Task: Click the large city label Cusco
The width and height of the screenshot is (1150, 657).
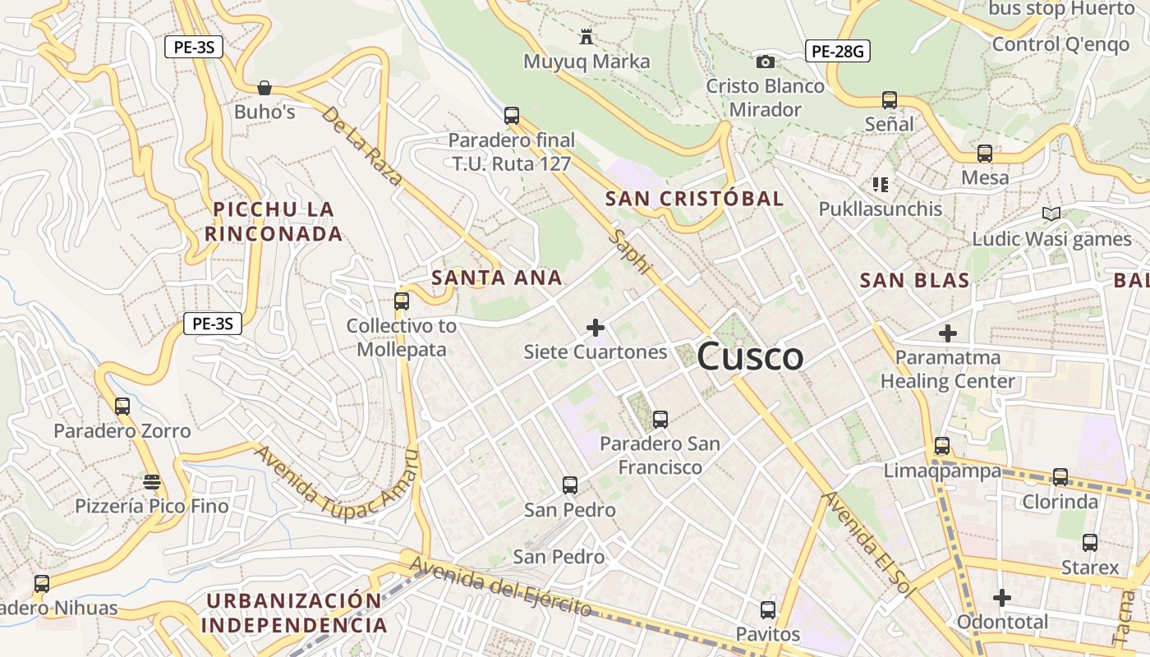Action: [x=750, y=356]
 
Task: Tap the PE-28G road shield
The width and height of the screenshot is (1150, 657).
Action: [x=837, y=52]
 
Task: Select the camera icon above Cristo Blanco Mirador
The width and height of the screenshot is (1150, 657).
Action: [x=765, y=62]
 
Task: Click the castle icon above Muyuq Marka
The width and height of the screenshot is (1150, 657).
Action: [x=586, y=37]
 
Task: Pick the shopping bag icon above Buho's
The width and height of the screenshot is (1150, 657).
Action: [x=264, y=87]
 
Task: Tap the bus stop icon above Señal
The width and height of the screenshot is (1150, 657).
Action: [x=889, y=100]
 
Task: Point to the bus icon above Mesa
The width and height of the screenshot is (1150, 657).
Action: [x=984, y=154]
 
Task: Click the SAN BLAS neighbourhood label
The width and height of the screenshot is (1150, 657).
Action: [x=914, y=281]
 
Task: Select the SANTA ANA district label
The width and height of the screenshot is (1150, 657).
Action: [x=497, y=278]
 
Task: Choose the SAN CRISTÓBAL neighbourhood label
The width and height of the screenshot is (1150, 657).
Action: [x=694, y=199]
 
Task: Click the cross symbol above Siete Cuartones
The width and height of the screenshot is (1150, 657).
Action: [x=596, y=328]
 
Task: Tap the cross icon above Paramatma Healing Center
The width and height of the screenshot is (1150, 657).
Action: [x=948, y=333]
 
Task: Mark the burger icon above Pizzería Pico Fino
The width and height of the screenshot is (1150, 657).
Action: [x=151, y=481]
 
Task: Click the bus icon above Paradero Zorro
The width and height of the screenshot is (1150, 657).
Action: [x=122, y=406]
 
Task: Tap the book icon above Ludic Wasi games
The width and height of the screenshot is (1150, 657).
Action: [x=1051, y=214]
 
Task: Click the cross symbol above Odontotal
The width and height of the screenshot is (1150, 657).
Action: [x=1001, y=598]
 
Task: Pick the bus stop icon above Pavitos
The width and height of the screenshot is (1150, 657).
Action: [x=768, y=610]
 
